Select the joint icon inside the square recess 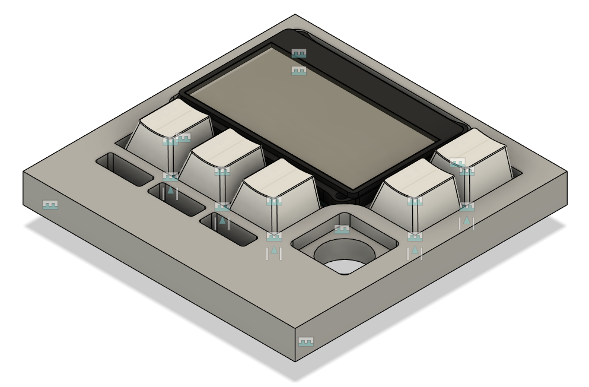click(342, 229)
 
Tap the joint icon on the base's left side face click(50, 205)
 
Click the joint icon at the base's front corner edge click(305, 342)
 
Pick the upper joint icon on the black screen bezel click(299, 53)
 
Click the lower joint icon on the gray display click(299, 71)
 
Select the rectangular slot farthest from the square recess click(125, 169)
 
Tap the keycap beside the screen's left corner click(172, 116)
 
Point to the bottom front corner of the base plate click(295, 361)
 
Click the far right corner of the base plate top click(566, 172)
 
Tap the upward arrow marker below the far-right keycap click(467, 221)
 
